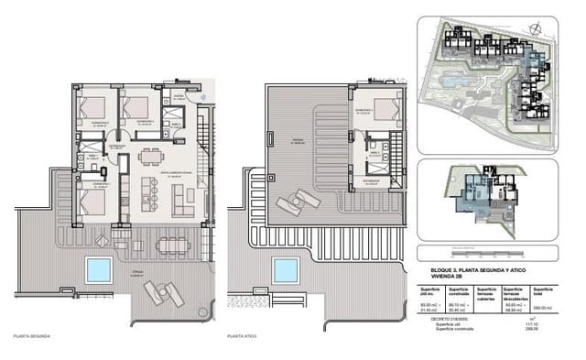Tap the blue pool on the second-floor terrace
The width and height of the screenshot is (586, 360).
point(97,269)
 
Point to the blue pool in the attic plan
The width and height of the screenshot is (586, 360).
point(287,270)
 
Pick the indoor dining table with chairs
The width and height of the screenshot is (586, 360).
point(147,157)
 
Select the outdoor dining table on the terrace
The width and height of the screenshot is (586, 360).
point(173,244)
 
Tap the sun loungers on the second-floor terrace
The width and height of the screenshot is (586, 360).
point(162,292)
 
